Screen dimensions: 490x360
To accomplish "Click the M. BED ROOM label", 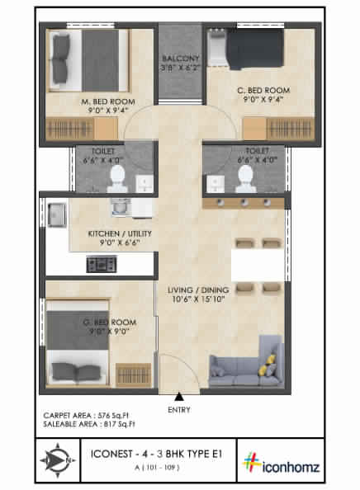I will point(108,102).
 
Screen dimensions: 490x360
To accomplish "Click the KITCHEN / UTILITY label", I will point(121,233).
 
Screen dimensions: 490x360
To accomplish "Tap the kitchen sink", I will point(57,216).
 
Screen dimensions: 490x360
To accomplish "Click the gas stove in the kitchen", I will point(102,265).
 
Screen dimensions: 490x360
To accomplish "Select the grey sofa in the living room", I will point(243,366).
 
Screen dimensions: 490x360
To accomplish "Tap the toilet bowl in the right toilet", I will point(244,174).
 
